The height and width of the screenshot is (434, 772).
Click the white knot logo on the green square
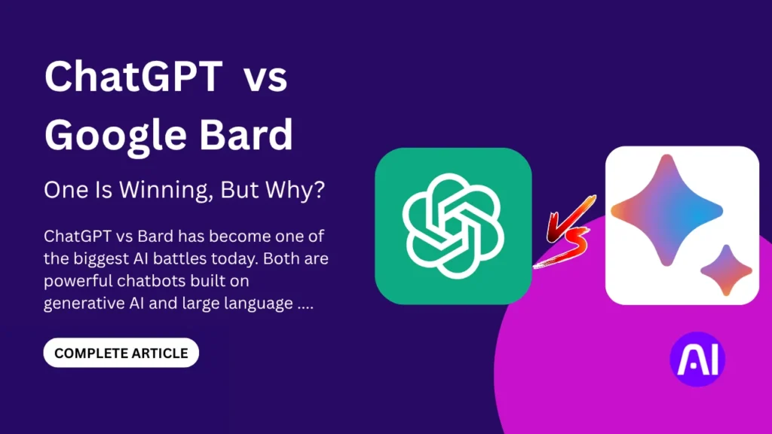[x=452, y=225]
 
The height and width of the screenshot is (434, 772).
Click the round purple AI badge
[x=697, y=359]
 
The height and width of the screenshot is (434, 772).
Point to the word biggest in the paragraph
[x=108, y=258]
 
